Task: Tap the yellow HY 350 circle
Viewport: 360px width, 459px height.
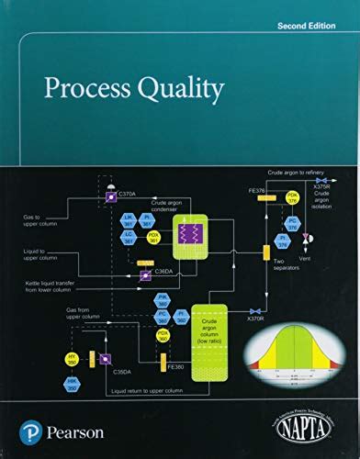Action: (72, 357)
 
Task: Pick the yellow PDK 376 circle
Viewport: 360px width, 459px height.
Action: (292, 196)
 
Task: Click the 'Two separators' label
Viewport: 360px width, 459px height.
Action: (285, 264)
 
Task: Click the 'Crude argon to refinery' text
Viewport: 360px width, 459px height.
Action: (299, 172)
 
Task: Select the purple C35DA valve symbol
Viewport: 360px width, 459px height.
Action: (106, 359)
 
